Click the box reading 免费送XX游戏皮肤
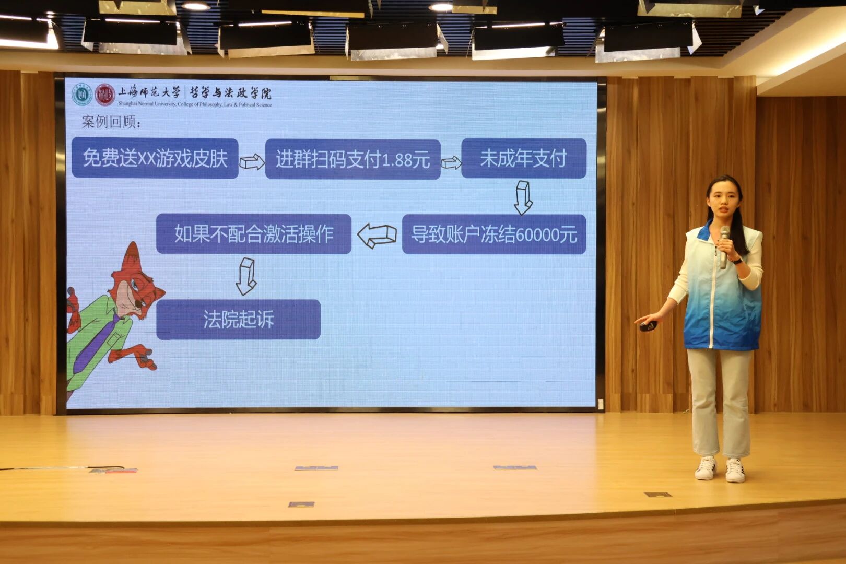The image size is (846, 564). click(x=155, y=158)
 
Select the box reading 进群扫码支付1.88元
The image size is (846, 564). click(x=352, y=159)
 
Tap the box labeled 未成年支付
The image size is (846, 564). click(x=523, y=158)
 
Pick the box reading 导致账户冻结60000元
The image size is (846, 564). click(x=494, y=234)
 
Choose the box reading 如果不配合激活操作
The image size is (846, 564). click(x=254, y=234)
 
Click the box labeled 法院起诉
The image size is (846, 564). click(x=238, y=320)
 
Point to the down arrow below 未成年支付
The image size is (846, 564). click(x=523, y=197)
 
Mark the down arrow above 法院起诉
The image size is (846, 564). click(x=246, y=276)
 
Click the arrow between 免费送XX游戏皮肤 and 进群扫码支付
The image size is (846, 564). click(x=252, y=161)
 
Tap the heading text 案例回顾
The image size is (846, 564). click(x=111, y=122)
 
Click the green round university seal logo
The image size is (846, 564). click(x=81, y=95)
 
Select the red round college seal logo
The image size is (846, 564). click(x=105, y=95)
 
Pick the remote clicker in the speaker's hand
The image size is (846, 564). click(x=648, y=326)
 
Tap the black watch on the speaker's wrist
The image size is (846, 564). click(x=737, y=260)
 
